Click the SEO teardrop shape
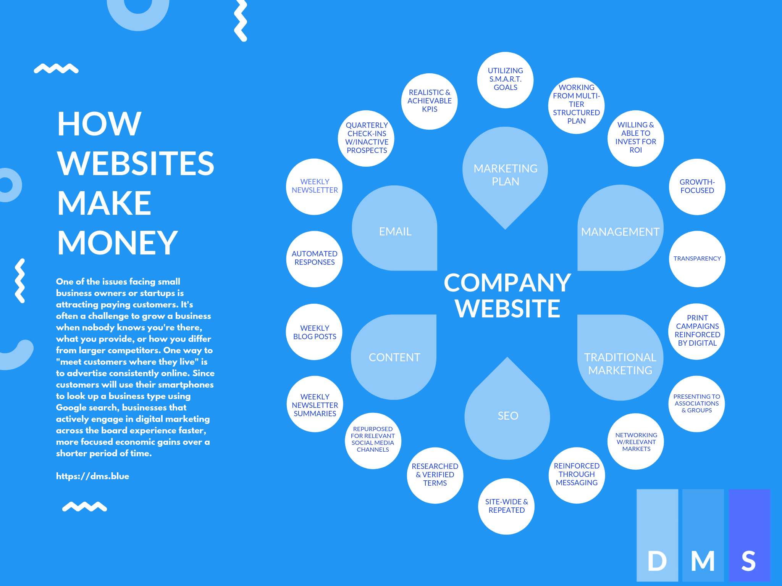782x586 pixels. point(507,415)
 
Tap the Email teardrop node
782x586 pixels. point(395,231)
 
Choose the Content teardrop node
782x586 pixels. point(394,357)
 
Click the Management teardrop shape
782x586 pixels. point(620,231)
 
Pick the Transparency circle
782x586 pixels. point(697,259)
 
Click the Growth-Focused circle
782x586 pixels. point(697,187)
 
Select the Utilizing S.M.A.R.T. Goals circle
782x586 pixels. point(505,79)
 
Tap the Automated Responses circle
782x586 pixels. point(314,258)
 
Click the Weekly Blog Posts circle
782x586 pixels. point(314,332)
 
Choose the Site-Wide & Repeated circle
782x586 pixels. point(506,506)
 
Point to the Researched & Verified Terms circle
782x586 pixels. point(435,475)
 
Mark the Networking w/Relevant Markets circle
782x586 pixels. point(636,442)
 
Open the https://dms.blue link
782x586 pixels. point(92,476)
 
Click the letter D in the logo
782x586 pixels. point(657,561)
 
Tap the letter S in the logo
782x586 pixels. point(748,561)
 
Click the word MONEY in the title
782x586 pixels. point(118,243)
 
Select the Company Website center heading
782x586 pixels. point(507,295)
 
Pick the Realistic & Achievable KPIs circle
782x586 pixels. point(429,101)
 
